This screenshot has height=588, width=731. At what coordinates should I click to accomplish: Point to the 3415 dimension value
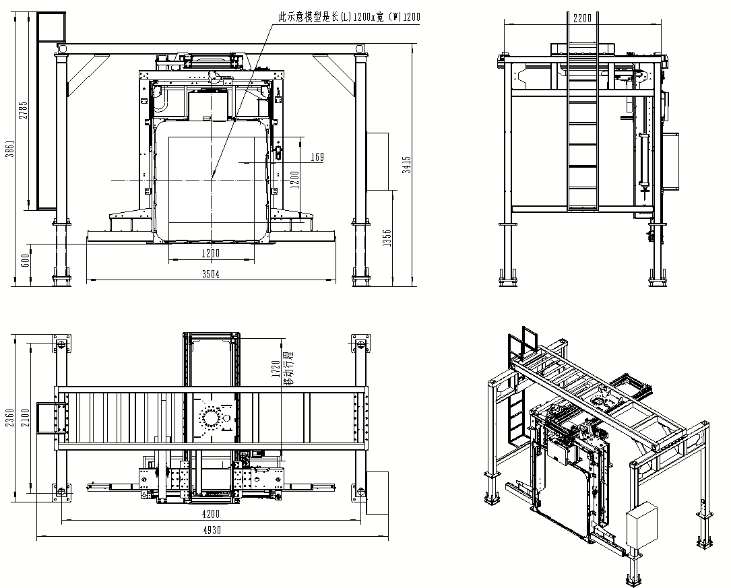(x=407, y=164)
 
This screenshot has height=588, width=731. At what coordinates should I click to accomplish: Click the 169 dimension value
(x=317, y=158)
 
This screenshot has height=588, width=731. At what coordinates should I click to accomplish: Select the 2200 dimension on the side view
(x=582, y=18)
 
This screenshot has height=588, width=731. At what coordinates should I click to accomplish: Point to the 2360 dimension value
(x=9, y=422)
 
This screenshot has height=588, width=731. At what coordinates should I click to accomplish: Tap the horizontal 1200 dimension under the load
(x=211, y=254)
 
